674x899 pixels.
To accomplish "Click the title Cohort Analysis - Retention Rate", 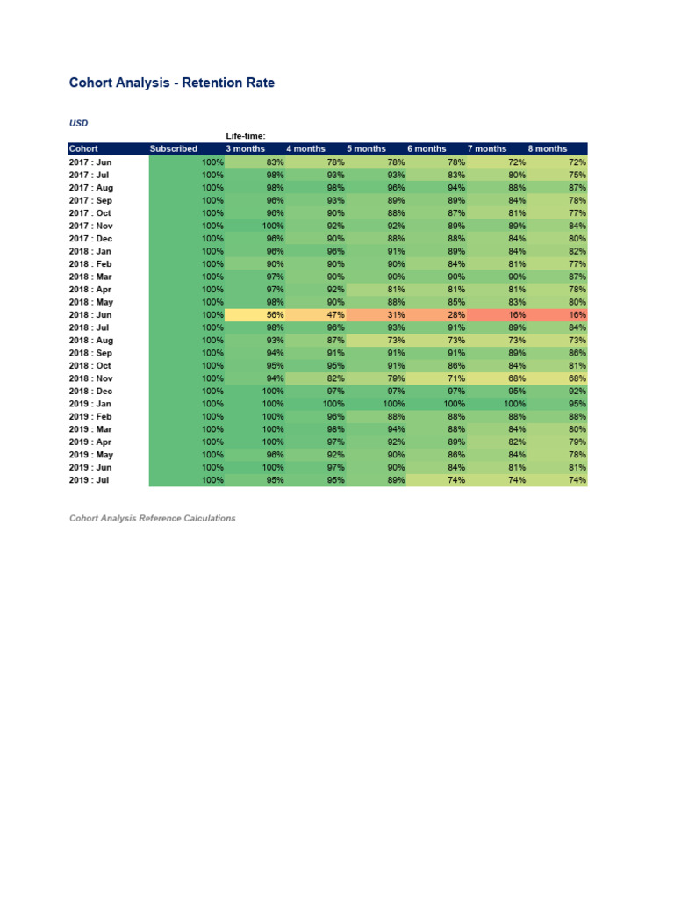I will tap(171, 83).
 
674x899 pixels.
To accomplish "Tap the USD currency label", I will tap(78, 123).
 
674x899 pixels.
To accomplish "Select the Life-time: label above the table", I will tap(246, 136).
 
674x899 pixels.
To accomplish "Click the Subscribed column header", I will tap(174, 149).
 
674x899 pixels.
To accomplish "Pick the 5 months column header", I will tap(366, 149).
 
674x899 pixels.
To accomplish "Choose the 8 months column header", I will tap(548, 149).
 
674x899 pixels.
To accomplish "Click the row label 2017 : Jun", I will tap(90, 162).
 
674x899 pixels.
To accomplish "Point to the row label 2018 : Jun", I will tap(90, 315).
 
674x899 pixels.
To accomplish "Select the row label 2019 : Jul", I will tap(90, 480).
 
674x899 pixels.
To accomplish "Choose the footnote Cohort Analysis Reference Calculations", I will tap(153, 519).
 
